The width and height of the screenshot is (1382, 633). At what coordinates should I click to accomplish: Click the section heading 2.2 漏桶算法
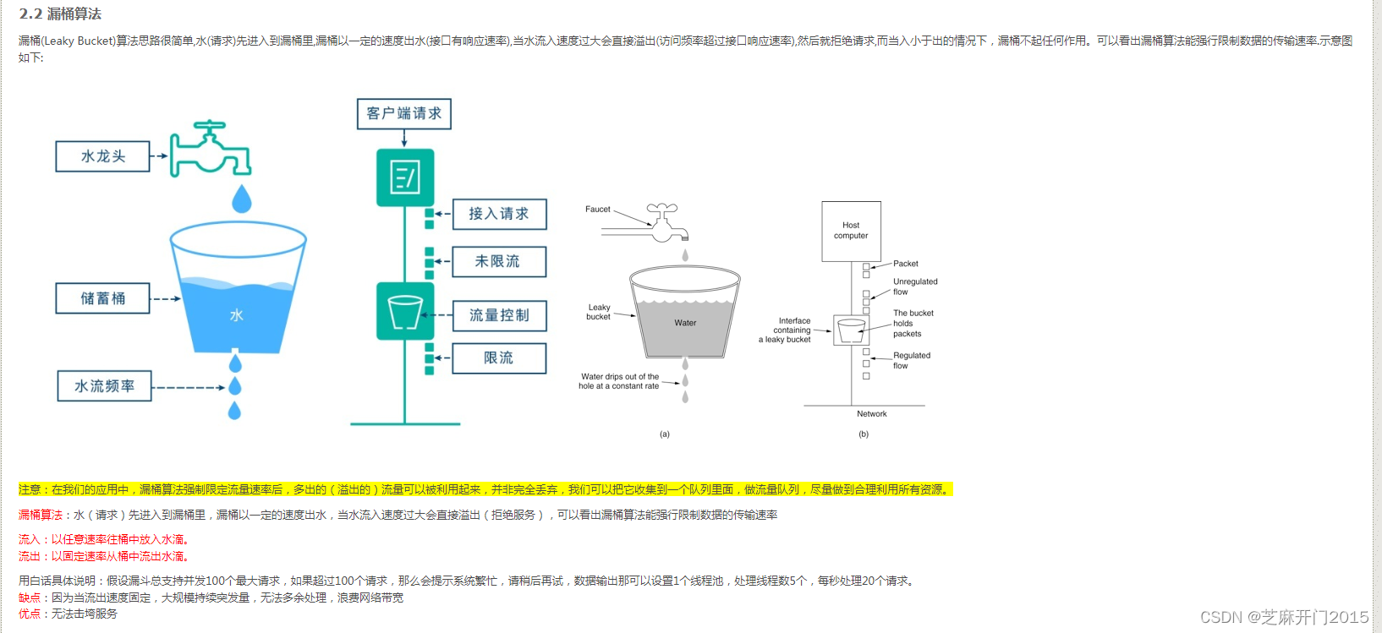[60, 14]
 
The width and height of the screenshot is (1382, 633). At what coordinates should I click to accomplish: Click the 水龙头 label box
[102, 156]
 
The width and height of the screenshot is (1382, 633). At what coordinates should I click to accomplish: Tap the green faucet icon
[211, 149]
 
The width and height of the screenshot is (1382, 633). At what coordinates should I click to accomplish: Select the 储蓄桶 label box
[102, 298]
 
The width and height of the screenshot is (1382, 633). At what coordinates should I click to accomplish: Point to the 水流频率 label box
[104, 386]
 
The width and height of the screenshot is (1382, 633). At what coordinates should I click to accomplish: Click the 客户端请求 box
[403, 113]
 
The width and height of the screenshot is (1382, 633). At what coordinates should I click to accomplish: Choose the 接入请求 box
[498, 214]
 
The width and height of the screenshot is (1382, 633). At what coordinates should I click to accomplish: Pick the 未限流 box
[498, 262]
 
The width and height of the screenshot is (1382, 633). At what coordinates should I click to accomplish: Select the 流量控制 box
[498, 315]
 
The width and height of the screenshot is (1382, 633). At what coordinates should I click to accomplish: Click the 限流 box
[498, 358]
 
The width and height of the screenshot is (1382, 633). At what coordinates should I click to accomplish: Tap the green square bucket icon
[405, 312]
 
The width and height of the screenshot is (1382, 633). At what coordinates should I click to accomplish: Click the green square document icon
[405, 177]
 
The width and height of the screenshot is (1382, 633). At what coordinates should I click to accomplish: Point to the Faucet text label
[597, 209]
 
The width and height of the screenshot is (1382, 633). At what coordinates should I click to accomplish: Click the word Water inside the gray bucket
[685, 323]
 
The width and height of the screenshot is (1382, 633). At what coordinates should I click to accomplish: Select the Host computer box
[851, 231]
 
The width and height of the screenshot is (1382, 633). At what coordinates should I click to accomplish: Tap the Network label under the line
[871, 414]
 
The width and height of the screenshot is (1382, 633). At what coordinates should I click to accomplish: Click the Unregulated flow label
[914, 286]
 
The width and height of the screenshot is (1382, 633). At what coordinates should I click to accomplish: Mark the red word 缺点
[29, 598]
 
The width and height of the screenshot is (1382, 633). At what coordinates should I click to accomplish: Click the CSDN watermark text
[1283, 617]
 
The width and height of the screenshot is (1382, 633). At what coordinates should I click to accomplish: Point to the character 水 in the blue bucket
[237, 315]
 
